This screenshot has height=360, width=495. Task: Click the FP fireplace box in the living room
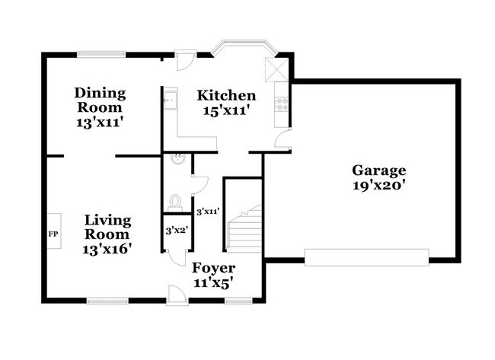53,234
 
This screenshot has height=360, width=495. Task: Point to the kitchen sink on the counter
171,98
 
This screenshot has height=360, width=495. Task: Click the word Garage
378,170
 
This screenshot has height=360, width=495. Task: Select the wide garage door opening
367,256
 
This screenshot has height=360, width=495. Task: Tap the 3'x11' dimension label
208,212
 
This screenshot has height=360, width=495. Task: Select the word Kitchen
226,96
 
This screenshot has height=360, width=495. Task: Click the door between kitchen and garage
283,141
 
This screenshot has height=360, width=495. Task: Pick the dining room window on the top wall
101,53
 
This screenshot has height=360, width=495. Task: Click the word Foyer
213,268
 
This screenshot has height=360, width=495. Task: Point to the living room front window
107,300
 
